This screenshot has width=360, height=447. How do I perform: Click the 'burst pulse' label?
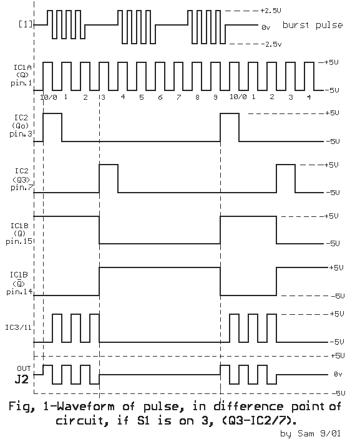point(313,25)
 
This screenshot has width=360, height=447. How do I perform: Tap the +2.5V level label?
point(270,11)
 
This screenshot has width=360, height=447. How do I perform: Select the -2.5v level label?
point(271,44)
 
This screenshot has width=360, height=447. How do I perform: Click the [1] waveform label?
point(26,24)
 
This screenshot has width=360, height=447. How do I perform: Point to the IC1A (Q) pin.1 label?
point(22,75)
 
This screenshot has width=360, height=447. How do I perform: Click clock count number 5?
point(142,97)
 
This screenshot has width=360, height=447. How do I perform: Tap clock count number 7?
point(178,97)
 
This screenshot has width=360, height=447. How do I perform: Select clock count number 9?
point(215,97)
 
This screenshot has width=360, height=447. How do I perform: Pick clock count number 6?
point(160,97)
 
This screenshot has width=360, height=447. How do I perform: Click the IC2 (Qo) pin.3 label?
point(21,126)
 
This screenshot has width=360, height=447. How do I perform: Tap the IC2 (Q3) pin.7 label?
point(22,179)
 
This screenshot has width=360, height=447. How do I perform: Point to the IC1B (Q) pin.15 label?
point(19,234)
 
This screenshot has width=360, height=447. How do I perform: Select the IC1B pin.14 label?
point(19,284)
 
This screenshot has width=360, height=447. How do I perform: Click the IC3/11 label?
point(18,327)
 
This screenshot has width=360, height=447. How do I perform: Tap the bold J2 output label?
point(22,380)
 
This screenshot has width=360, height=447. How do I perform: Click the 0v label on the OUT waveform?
point(338,374)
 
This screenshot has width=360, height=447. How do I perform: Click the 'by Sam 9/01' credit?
point(310,433)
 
